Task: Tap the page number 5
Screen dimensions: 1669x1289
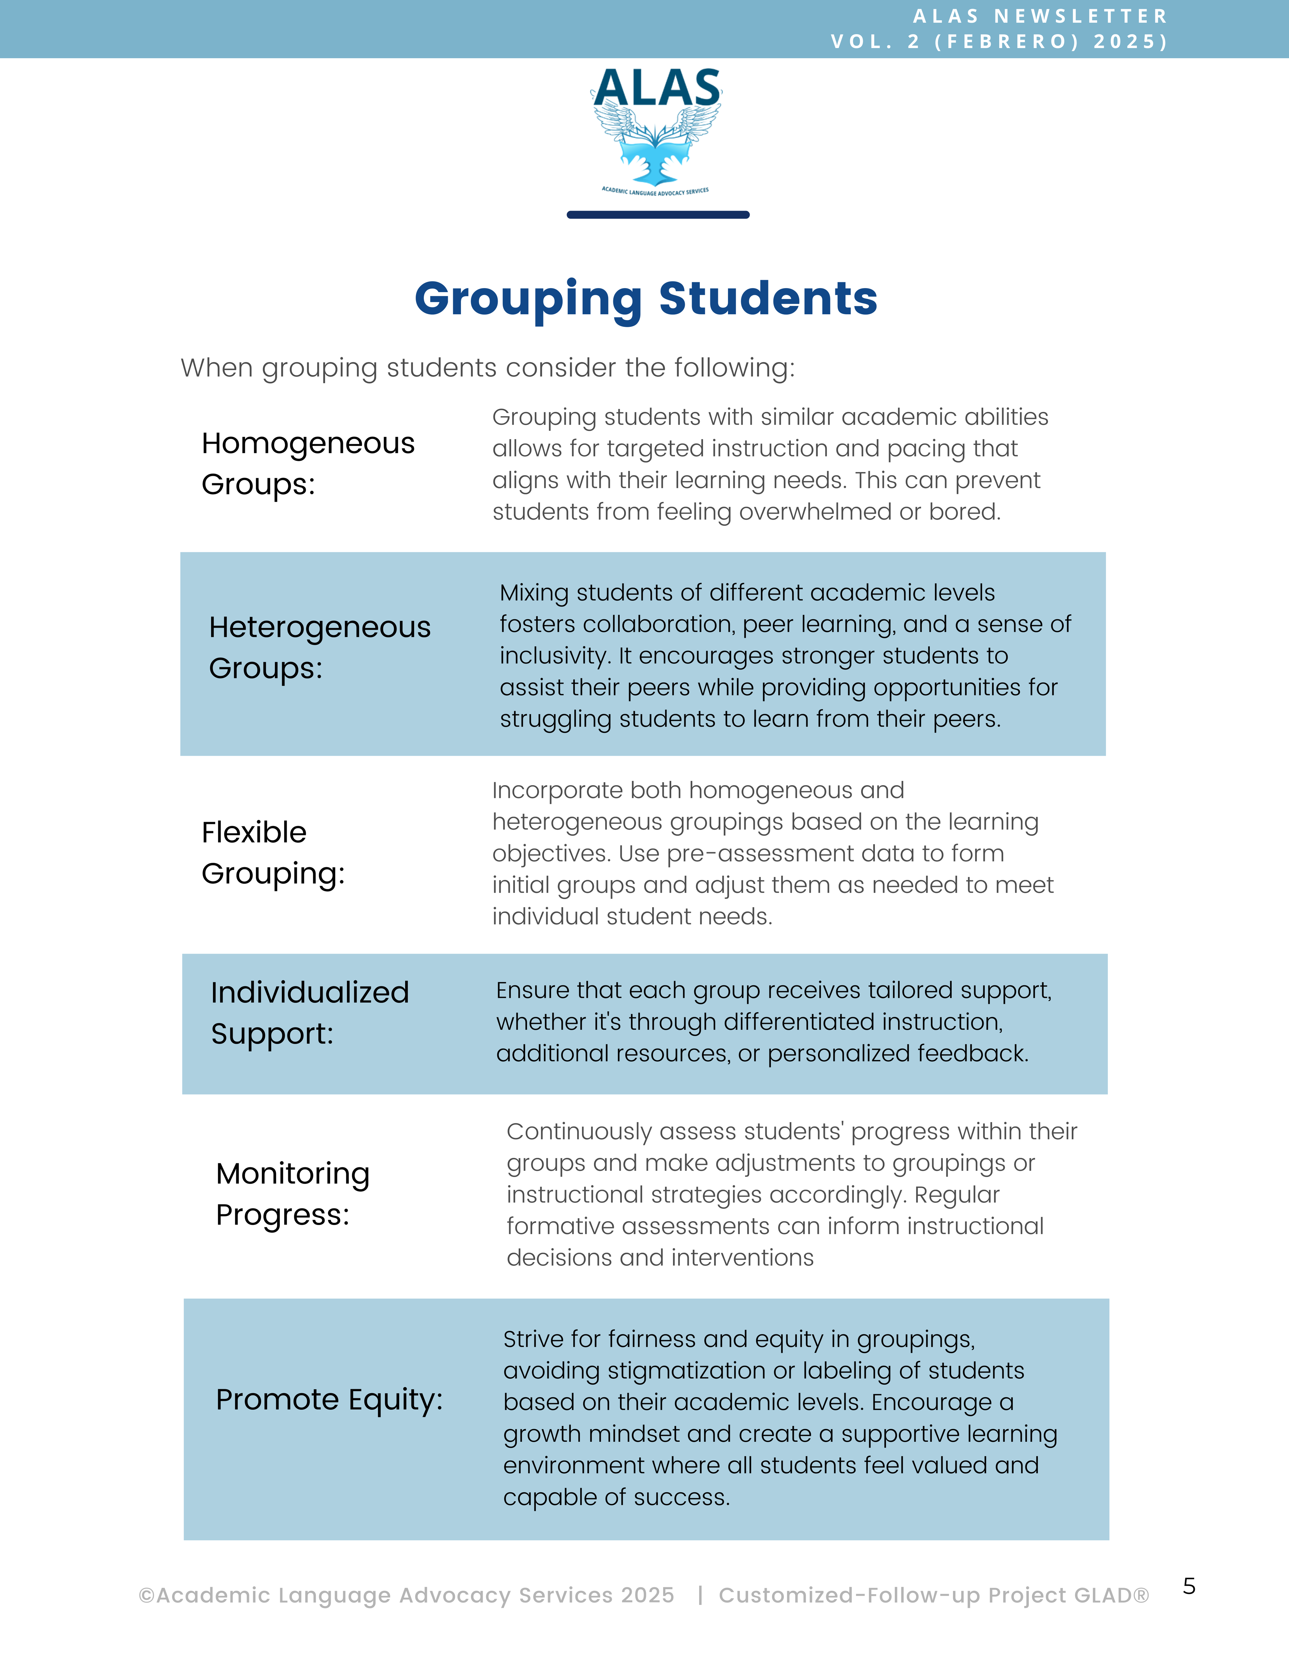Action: pos(1189,1586)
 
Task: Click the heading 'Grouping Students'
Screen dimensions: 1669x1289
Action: pos(646,298)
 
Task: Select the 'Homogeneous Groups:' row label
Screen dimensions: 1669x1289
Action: pos(308,463)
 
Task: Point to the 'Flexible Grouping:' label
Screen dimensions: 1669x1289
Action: pos(273,852)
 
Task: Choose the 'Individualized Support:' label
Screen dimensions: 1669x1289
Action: pos(309,1013)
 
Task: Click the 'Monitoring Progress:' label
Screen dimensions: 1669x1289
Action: pos(293,1194)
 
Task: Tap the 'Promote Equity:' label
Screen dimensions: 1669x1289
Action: pos(329,1399)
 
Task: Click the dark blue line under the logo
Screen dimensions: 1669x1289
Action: pos(658,215)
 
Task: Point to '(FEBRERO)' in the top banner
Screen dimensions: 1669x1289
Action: pos(1007,41)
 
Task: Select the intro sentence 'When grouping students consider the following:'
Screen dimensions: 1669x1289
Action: pos(487,367)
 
